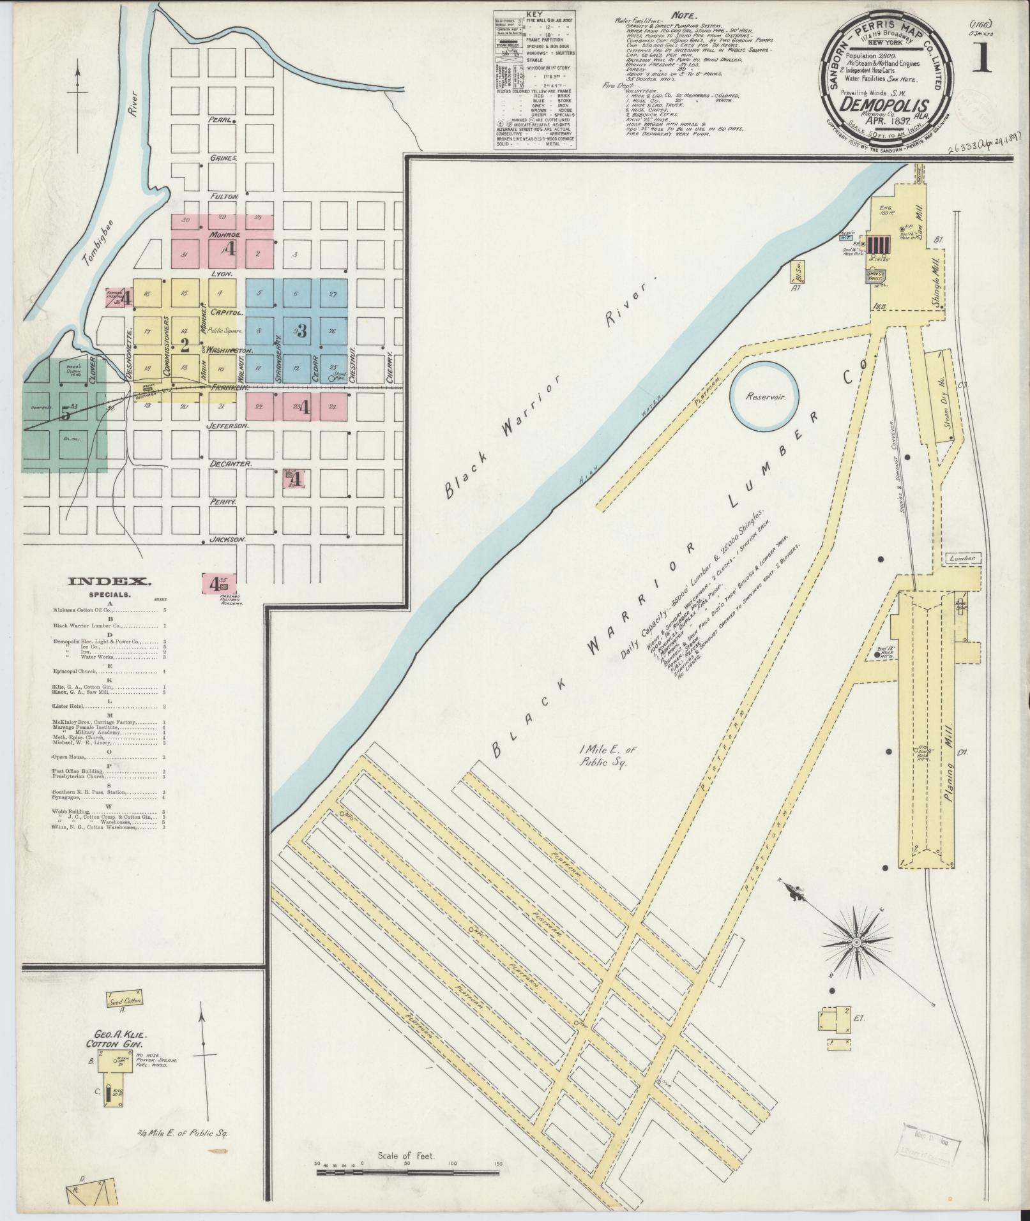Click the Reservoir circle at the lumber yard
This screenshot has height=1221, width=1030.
click(x=764, y=396)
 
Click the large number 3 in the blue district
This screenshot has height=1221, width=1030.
click(x=302, y=331)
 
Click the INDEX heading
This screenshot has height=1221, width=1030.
click(x=109, y=581)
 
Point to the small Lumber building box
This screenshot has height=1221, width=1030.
click(x=964, y=558)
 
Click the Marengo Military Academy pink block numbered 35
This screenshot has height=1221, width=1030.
click(x=220, y=583)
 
